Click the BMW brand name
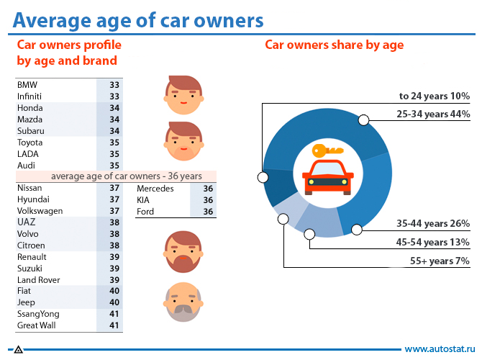tap(27, 85)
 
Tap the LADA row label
tap(28, 154)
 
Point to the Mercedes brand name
tap(155, 189)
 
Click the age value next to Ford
tap(208, 212)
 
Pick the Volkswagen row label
tap(40, 211)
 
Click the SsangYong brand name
tap(38, 314)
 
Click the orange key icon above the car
tap(327, 151)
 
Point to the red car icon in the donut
tap(327, 176)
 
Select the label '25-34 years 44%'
tap(433, 114)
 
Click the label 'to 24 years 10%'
tap(435, 96)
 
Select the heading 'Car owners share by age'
tap(335, 45)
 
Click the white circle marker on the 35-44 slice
tap(356, 230)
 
